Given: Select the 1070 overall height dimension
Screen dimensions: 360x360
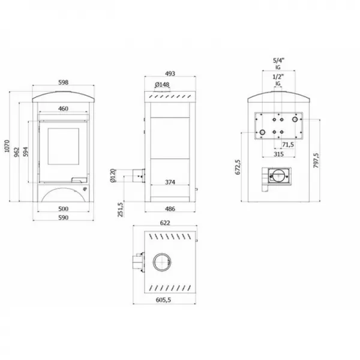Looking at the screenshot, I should [7, 148].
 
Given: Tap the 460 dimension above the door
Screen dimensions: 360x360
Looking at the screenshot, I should [62, 109].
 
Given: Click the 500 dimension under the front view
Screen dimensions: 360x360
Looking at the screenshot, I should [62, 209].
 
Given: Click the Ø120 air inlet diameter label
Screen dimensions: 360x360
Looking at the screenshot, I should [112, 176].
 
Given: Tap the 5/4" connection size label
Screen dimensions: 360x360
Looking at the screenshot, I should [278, 61].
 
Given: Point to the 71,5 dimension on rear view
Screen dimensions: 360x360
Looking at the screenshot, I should [287, 145].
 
